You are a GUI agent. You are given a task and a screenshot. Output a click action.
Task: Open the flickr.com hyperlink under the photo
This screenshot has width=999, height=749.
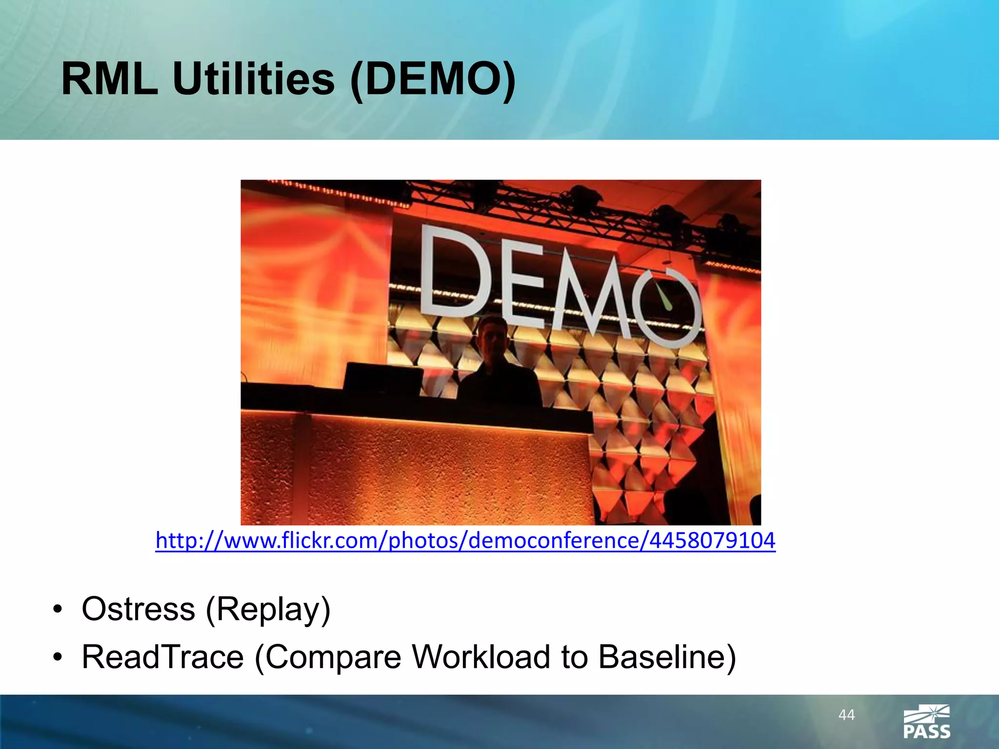tap(465, 540)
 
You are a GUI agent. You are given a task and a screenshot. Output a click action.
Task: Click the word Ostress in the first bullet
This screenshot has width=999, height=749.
tap(139, 609)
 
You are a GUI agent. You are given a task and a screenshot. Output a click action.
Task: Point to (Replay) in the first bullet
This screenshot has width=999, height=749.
tap(268, 609)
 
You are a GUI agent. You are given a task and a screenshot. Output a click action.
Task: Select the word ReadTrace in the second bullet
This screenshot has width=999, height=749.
tap(162, 656)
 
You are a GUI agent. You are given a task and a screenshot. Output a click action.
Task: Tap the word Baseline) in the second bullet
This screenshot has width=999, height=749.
tap(667, 656)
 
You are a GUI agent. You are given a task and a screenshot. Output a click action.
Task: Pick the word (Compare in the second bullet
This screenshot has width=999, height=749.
tap(328, 656)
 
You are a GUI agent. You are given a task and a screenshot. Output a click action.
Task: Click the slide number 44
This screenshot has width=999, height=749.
tap(846, 715)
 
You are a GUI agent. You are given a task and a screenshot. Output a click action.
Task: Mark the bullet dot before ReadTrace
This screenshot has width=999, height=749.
tap(58, 657)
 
